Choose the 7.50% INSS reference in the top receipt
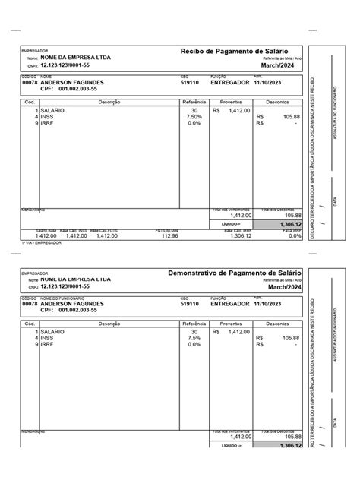click(194, 116)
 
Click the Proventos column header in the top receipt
click(231, 102)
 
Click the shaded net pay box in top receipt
click(279, 225)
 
